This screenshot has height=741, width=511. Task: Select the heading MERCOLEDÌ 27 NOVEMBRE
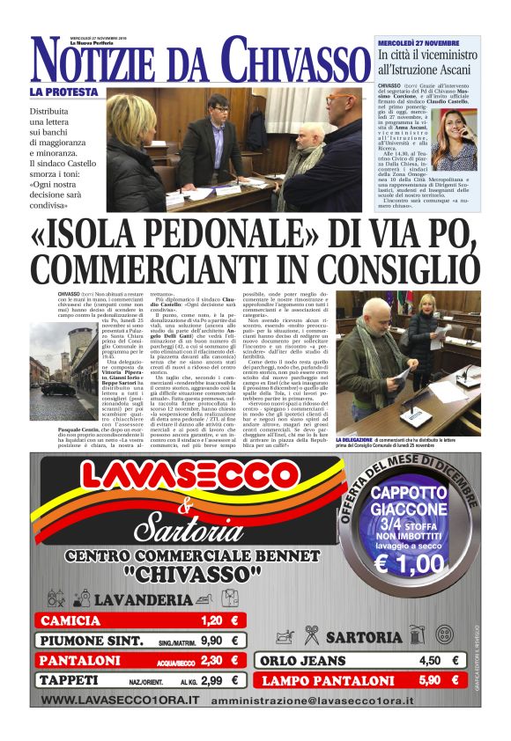click(418, 42)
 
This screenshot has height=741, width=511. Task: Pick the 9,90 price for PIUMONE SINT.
click(211, 640)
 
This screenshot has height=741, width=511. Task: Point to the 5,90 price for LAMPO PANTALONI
click(429, 680)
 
